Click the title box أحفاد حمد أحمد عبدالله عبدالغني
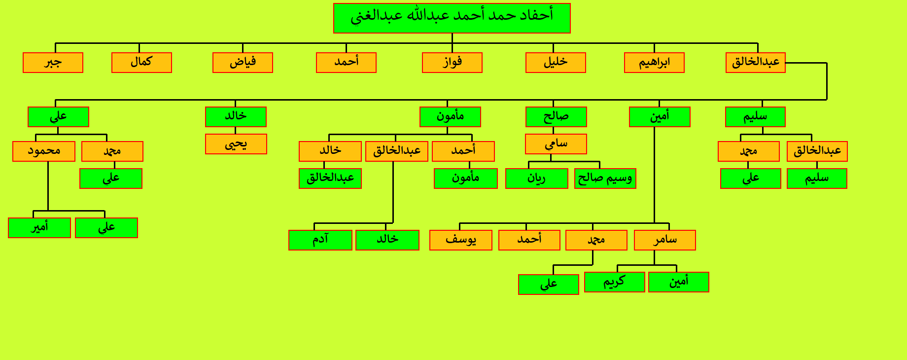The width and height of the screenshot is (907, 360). click(452, 18)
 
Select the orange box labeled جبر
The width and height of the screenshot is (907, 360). click(53, 63)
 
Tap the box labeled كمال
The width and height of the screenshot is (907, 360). click(141, 63)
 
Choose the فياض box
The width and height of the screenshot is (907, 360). click(243, 63)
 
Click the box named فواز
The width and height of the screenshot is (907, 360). click(452, 63)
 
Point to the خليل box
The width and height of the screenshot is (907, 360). click(556, 63)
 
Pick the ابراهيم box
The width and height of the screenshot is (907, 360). click(654, 63)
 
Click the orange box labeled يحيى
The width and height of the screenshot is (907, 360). click(236, 144)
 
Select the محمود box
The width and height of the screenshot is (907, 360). click(44, 151)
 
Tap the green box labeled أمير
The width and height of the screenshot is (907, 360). click(39, 228)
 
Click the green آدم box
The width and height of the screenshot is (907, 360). click(320, 240)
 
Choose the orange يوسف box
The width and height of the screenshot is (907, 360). click(461, 240)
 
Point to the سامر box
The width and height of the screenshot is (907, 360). click(665, 240)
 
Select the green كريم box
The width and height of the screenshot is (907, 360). click(615, 282)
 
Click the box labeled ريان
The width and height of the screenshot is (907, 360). click(537, 179)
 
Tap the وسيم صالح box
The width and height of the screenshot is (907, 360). click(605, 179)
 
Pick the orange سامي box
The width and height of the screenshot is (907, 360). click(556, 144)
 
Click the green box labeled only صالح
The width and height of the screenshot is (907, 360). click(556, 117)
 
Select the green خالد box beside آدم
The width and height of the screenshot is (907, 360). click(387, 240)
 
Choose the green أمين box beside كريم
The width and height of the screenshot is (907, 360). click(679, 282)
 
